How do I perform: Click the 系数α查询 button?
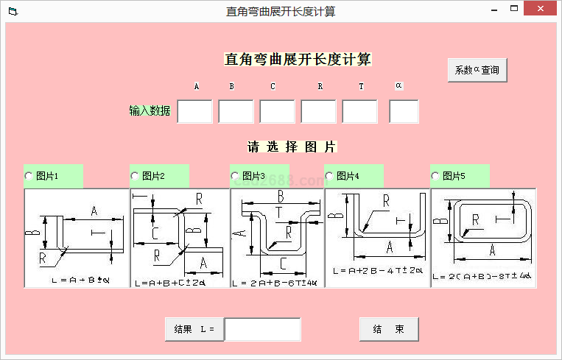click(x=477, y=70)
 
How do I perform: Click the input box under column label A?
click(x=195, y=112)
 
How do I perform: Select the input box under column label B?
click(x=236, y=112)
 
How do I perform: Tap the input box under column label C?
click(x=278, y=112)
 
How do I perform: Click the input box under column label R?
click(x=319, y=112)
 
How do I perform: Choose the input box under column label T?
click(x=360, y=112)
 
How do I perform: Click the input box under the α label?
click(x=404, y=112)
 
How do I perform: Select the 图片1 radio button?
click(x=29, y=176)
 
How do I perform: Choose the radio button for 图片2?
click(x=136, y=176)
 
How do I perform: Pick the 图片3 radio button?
click(x=236, y=176)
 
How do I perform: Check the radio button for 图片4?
click(x=330, y=176)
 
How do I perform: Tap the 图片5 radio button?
click(x=436, y=176)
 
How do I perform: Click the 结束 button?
click(x=389, y=329)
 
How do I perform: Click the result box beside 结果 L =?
click(x=262, y=330)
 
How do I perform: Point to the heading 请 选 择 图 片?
click(x=292, y=147)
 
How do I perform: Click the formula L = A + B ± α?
click(x=80, y=280)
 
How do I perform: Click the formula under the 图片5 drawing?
click(x=482, y=276)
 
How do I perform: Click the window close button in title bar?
click(x=543, y=10)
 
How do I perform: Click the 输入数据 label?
click(x=150, y=111)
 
